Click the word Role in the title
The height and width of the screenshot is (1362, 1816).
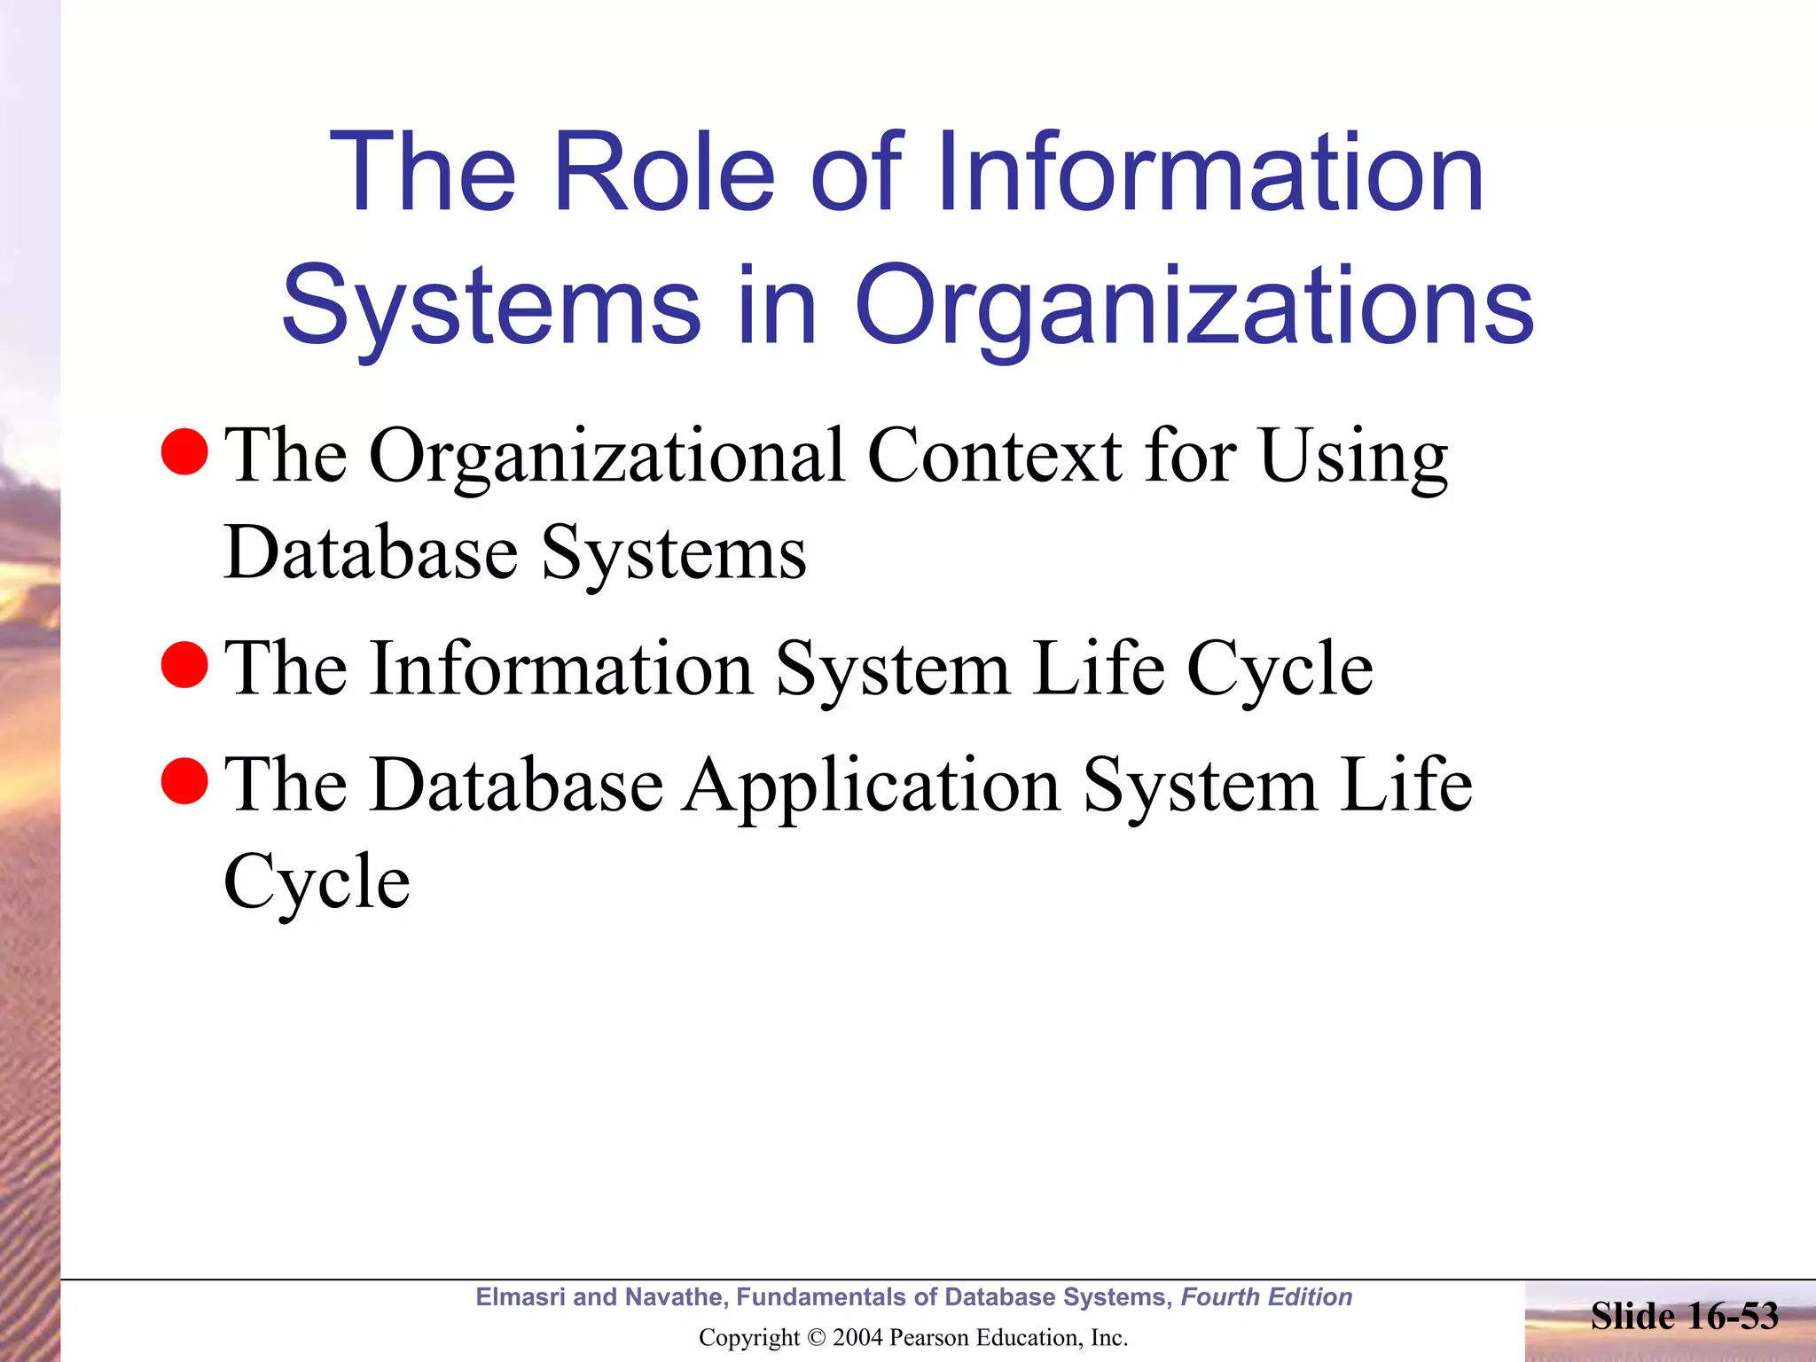[x=663, y=172]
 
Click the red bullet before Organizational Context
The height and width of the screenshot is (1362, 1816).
[x=184, y=451]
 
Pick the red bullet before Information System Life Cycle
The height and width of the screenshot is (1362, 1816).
[x=184, y=665]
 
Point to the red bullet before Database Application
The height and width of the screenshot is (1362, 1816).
[x=184, y=781]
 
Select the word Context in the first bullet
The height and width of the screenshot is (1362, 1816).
[x=994, y=456]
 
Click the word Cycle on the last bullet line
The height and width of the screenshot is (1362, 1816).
[x=317, y=883]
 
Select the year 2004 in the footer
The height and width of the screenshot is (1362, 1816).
[x=857, y=1338]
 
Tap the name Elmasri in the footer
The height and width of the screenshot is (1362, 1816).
[x=520, y=1297]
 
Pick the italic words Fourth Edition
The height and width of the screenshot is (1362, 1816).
[x=1266, y=1297]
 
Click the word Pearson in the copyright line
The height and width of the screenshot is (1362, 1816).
[x=928, y=1338]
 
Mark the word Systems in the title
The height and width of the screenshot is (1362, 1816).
[x=490, y=307]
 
